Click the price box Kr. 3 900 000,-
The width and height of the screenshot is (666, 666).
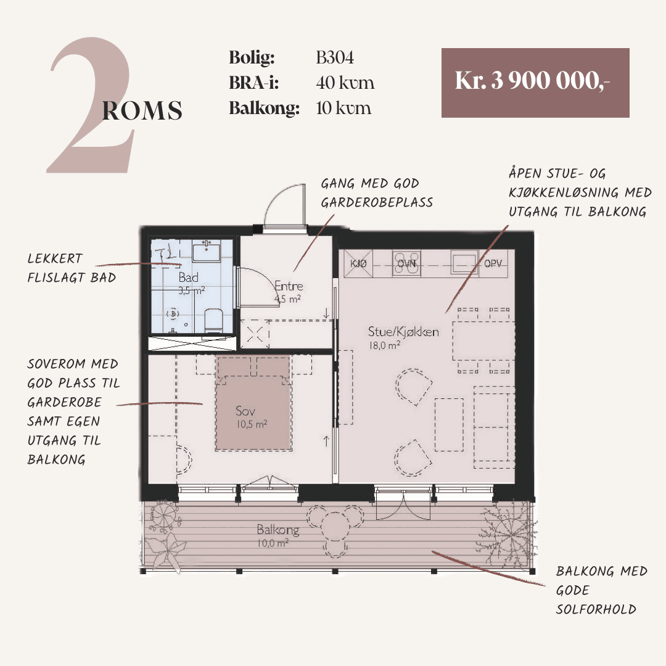(535, 83)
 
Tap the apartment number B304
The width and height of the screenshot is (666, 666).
(335, 58)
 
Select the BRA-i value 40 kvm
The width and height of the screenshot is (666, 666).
(345, 83)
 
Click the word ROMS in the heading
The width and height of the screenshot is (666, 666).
(142, 110)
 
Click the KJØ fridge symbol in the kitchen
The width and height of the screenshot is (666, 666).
(358, 264)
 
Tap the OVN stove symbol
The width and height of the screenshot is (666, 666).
(406, 264)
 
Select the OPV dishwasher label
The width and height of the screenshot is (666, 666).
(493, 263)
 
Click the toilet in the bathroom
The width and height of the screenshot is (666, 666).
(213, 320)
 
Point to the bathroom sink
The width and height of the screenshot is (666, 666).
(207, 251)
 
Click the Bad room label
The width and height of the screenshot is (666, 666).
(188, 277)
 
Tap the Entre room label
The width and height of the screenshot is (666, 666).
(289, 286)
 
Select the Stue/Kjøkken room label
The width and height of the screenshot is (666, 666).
(403, 331)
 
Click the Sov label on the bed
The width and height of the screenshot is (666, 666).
(245, 411)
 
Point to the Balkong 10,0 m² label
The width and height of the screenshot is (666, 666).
(277, 535)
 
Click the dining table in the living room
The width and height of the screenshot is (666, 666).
(483, 340)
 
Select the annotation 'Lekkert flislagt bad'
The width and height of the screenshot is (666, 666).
(72, 268)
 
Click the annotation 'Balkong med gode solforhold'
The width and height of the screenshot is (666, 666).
(601, 590)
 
